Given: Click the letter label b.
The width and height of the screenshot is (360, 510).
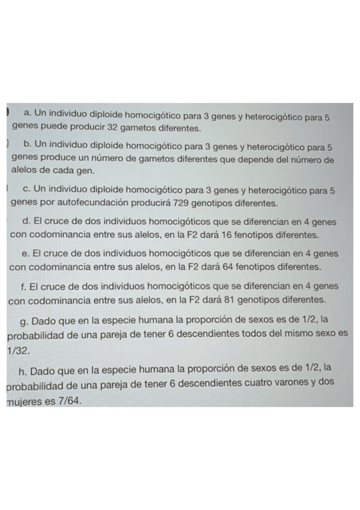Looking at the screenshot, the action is (26, 147).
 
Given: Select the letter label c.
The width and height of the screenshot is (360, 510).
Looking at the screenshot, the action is (25, 190).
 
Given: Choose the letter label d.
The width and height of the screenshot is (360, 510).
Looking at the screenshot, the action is (25, 222).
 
